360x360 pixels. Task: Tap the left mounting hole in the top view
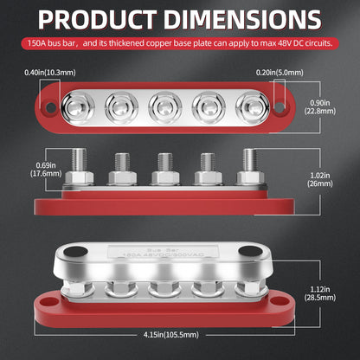coord(48,107)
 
